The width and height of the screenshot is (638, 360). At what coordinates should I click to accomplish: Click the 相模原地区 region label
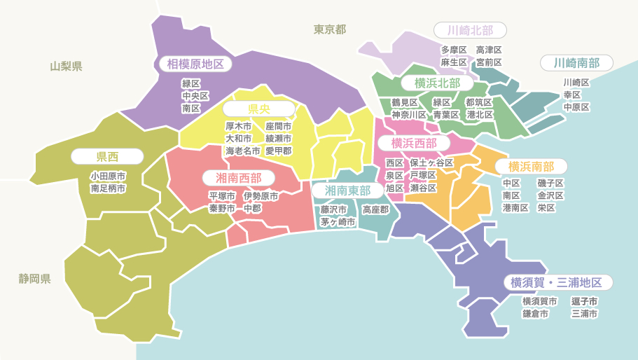[x=195, y=64]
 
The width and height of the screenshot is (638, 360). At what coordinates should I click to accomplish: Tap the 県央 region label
[x=259, y=109]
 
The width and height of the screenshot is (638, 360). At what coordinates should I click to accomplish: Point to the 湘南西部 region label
[x=238, y=178]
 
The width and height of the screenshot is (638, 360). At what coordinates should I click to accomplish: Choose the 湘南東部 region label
[x=347, y=191]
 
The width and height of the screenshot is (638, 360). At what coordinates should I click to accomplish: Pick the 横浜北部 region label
[x=437, y=83]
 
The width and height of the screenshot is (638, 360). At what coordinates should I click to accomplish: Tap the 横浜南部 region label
[x=531, y=167]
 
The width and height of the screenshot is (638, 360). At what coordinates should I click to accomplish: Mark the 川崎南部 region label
[x=576, y=63]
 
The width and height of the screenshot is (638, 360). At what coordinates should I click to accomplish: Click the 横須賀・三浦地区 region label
[x=556, y=283]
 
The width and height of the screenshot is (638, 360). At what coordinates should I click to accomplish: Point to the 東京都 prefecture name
[x=329, y=29]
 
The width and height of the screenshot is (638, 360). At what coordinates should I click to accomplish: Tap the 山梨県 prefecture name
[x=66, y=67]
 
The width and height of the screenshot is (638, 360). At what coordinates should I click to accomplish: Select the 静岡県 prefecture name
[x=34, y=279]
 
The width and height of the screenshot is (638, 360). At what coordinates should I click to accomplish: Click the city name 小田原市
[x=108, y=176]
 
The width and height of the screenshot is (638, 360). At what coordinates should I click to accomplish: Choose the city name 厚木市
[x=238, y=126]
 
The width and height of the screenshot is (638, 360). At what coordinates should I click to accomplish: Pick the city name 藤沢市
[x=333, y=209]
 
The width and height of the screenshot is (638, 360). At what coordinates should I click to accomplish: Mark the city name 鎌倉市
[x=535, y=314]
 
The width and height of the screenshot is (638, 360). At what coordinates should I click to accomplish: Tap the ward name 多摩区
[x=454, y=50]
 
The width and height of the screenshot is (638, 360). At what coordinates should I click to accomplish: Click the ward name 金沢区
[x=550, y=195]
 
